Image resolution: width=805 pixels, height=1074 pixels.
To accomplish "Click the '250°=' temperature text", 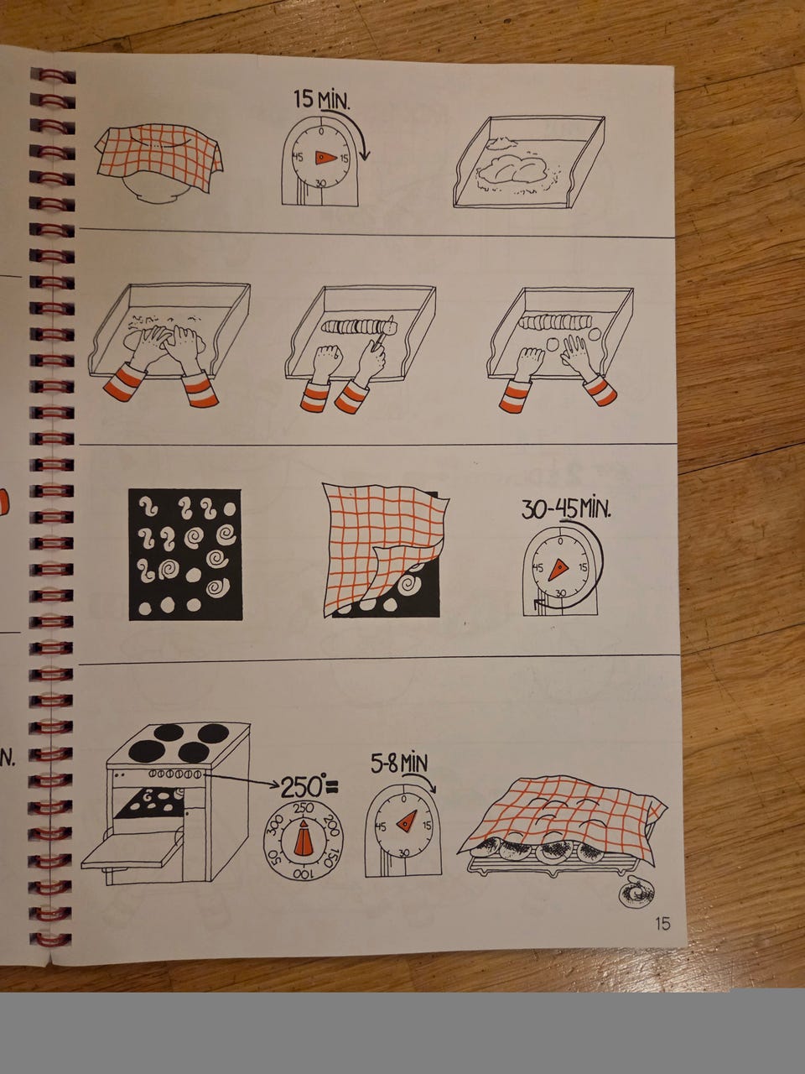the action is point(309,787).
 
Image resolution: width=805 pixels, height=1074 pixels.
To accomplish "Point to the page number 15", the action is point(662,924).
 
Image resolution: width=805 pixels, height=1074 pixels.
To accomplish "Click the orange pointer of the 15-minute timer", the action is point(325,158).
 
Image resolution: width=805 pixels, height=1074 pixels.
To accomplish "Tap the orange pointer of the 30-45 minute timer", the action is point(558,570).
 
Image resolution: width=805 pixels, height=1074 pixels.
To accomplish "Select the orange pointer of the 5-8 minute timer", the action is point(408,822).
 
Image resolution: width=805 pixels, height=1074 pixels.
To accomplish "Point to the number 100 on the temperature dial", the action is point(303,873).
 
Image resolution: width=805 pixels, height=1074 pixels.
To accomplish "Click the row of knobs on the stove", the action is point(174,774).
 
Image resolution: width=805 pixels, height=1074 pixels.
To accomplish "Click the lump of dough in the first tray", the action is point(512,169).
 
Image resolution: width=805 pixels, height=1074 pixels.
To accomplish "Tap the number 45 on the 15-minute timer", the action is point(298,158).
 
